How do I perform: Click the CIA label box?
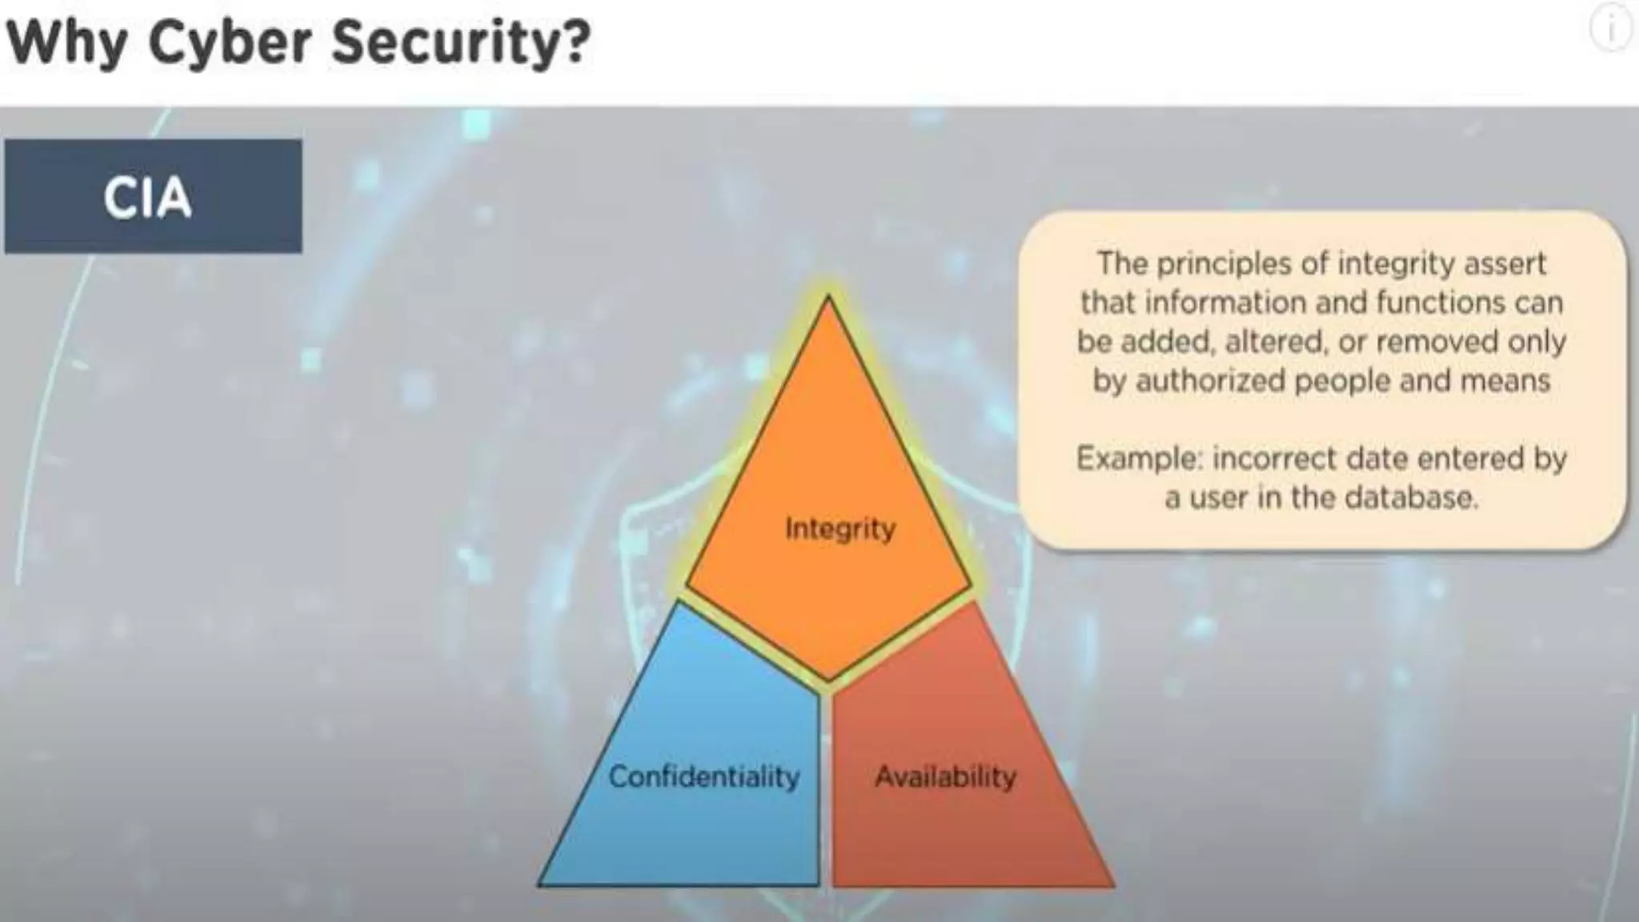pyautogui.click(x=153, y=197)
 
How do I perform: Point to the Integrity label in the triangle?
pyautogui.click(x=840, y=529)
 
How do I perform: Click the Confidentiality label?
pyautogui.click(x=704, y=776)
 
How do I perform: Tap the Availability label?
pyautogui.click(x=945, y=776)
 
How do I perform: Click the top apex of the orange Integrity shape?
pyautogui.click(x=828, y=300)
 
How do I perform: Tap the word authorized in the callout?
pyautogui.click(x=1211, y=380)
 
